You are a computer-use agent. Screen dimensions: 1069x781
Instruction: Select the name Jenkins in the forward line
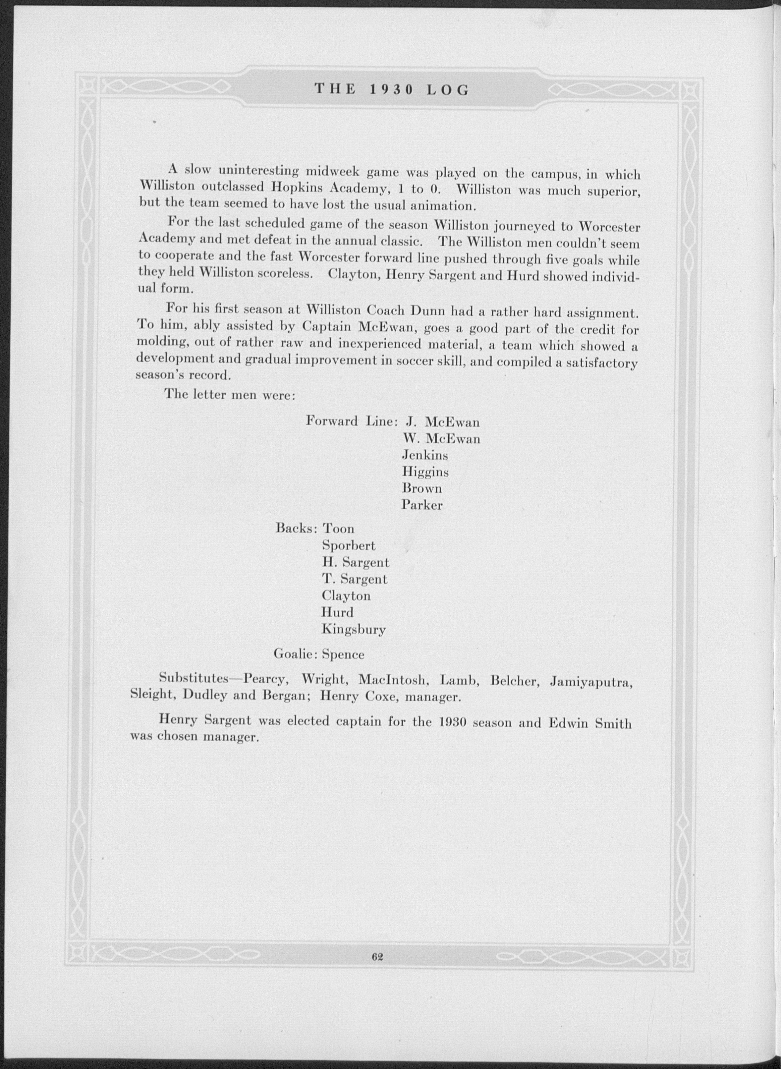click(x=424, y=455)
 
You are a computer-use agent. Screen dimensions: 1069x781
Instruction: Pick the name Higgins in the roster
click(x=425, y=472)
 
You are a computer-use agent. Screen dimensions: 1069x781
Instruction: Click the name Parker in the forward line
click(x=422, y=505)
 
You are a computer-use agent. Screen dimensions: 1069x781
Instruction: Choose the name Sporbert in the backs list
click(x=349, y=546)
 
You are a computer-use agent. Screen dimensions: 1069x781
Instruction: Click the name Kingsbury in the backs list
click(x=354, y=629)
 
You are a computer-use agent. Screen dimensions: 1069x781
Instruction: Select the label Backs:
click(x=296, y=528)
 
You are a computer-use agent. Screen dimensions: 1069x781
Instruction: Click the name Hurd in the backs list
click(x=337, y=613)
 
